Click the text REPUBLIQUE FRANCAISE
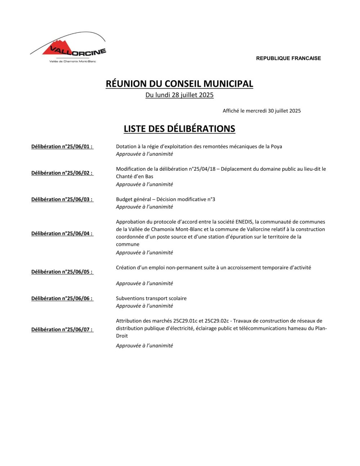click(x=288, y=58)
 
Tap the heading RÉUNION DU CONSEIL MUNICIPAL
click(x=179, y=84)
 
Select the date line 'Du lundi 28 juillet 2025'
click(x=179, y=95)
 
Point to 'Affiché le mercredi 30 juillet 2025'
click(x=261, y=111)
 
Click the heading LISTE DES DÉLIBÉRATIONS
click(x=179, y=129)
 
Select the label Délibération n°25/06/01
click(x=62, y=147)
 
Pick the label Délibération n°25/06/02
click(x=62, y=173)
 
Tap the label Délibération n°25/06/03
click(x=62, y=200)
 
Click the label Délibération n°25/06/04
click(x=62, y=233)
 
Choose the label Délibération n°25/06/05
click(x=62, y=272)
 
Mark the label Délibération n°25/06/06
click(x=62, y=299)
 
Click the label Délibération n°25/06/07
click(x=62, y=330)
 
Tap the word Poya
click(x=276, y=147)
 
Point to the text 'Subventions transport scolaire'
click(x=151, y=299)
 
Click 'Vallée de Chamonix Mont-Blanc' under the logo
click(x=72, y=61)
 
